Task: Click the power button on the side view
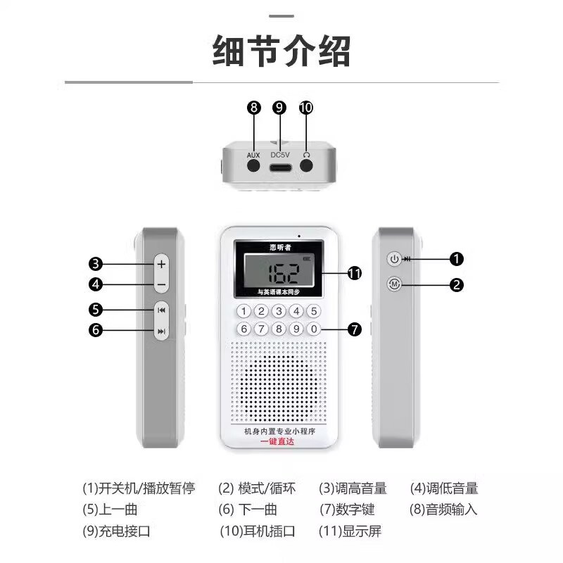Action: click(x=395, y=259)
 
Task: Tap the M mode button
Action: click(x=395, y=284)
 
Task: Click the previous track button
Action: click(x=161, y=310)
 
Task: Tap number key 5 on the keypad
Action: click(x=314, y=311)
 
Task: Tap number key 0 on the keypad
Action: click(x=314, y=329)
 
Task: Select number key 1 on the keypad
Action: click(x=243, y=311)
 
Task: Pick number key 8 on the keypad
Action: click(x=279, y=329)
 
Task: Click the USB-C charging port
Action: click(x=280, y=166)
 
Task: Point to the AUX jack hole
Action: click(x=253, y=166)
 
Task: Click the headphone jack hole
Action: click(x=306, y=166)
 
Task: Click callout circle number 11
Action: click(x=355, y=273)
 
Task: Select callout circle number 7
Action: click(x=355, y=329)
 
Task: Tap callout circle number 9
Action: click(x=280, y=108)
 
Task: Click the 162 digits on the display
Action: click(x=279, y=270)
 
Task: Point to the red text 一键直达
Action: click(x=277, y=441)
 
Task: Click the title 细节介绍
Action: click(x=281, y=51)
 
